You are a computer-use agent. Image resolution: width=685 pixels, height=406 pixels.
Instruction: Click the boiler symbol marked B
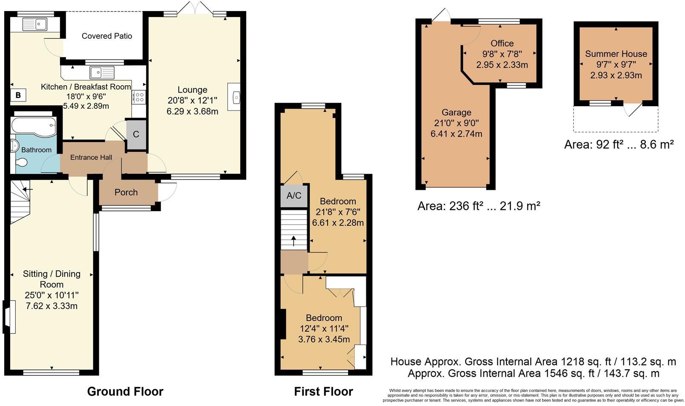pyautogui.click(x=18, y=95)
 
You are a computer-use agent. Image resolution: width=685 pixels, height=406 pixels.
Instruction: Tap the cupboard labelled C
pyautogui.click(x=136, y=134)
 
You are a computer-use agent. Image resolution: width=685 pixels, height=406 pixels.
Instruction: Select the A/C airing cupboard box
pyautogui.click(x=294, y=196)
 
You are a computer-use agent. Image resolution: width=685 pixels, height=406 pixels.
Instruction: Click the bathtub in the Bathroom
pyautogui.click(x=34, y=125)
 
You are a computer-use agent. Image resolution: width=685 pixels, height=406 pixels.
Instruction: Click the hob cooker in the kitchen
pyautogui.click(x=139, y=97)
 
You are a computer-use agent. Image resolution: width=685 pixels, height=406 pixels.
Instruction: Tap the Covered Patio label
pyautogui.click(x=107, y=36)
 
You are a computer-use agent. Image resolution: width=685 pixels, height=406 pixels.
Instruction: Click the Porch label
pyautogui.click(x=126, y=192)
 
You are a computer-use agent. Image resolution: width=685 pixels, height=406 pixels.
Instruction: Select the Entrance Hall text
pyautogui.click(x=91, y=157)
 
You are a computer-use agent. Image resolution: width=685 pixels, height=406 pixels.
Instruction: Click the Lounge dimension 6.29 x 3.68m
pyautogui.click(x=193, y=112)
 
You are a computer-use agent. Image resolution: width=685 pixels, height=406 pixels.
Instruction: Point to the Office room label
pyautogui.click(x=502, y=43)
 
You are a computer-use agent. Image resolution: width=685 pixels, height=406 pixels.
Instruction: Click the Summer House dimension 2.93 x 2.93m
pyautogui.click(x=616, y=75)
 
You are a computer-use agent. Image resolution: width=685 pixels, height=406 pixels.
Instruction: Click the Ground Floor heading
pyautogui.click(x=125, y=391)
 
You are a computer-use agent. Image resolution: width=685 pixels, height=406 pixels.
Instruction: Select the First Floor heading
pyautogui.click(x=323, y=391)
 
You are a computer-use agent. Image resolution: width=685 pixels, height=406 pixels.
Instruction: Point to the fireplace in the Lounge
pyautogui.click(x=235, y=97)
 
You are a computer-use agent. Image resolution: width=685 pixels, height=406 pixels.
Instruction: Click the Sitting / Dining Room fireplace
pyautogui.click(x=9, y=317)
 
